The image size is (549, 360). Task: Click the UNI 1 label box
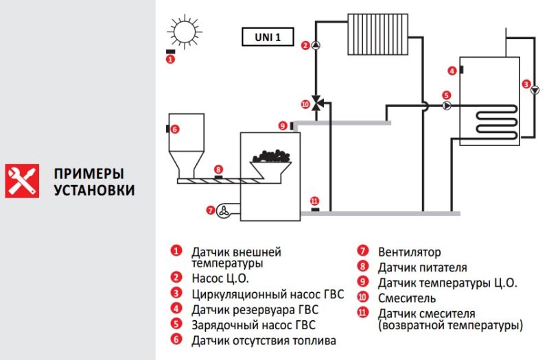268,37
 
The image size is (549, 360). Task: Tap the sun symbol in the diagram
185,32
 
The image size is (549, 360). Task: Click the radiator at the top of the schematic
378,34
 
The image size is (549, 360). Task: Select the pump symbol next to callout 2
316,45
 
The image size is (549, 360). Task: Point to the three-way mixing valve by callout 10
316,103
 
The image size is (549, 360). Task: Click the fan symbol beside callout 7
224,211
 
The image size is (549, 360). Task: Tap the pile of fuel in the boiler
272,156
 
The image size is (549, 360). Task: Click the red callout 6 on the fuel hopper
175,129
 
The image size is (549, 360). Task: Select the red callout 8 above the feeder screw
218,169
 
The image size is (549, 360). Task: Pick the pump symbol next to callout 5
447,106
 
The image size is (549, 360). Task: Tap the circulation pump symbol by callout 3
535,90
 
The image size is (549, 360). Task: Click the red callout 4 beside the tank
452,71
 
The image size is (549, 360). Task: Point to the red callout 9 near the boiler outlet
283,125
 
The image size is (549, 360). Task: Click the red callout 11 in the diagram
314,201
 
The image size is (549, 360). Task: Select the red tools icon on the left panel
22,181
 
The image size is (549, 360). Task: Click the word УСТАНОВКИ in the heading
94,190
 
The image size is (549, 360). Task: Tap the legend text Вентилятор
409,252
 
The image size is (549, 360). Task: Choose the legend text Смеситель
407,298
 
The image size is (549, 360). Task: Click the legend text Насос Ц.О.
220,278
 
